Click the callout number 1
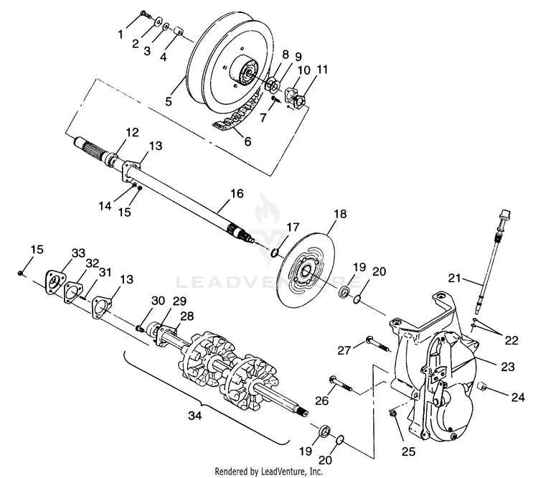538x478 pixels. pos(121,33)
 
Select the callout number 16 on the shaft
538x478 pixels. pos(237,193)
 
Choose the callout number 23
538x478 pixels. pos(508,367)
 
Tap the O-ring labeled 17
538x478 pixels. pos(275,252)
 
